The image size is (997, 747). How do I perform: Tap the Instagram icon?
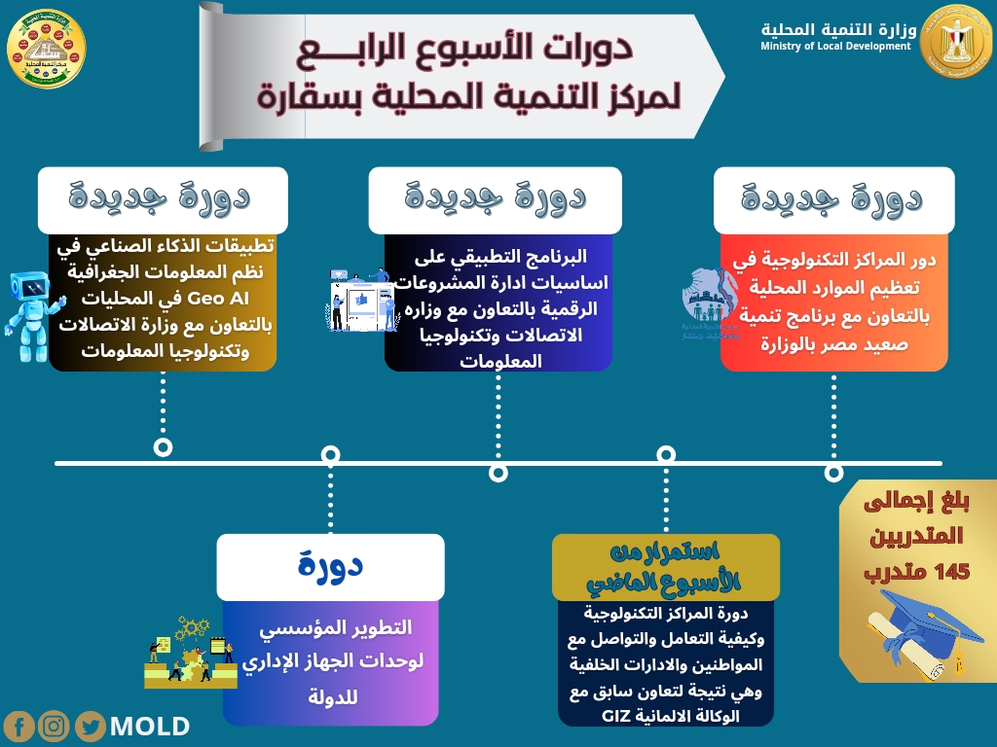pyautogui.click(x=55, y=726)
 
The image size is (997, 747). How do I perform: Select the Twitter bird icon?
pyautogui.click(x=91, y=726)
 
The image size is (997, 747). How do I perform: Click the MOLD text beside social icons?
pyautogui.click(x=150, y=726)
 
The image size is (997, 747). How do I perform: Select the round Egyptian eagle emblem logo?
pyautogui.click(x=954, y=39)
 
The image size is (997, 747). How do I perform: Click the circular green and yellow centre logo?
pyautogui.click(x=46, y=48)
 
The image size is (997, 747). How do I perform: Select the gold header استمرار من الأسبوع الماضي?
pyautogui.click(x=666, y=566)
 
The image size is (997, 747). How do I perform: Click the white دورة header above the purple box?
pyautogui.click(x=330, y=565)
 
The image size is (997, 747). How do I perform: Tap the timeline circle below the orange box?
pyautogui.click(x=833, y=472)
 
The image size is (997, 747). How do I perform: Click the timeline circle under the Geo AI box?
pyautogui.click(x=164, y=446)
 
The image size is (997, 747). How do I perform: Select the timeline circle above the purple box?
pyautogui.click(x=330, y=453)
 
